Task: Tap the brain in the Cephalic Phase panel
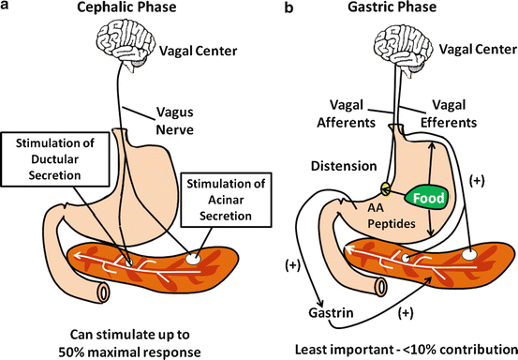point(125,48)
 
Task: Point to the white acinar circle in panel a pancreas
point(195,252)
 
